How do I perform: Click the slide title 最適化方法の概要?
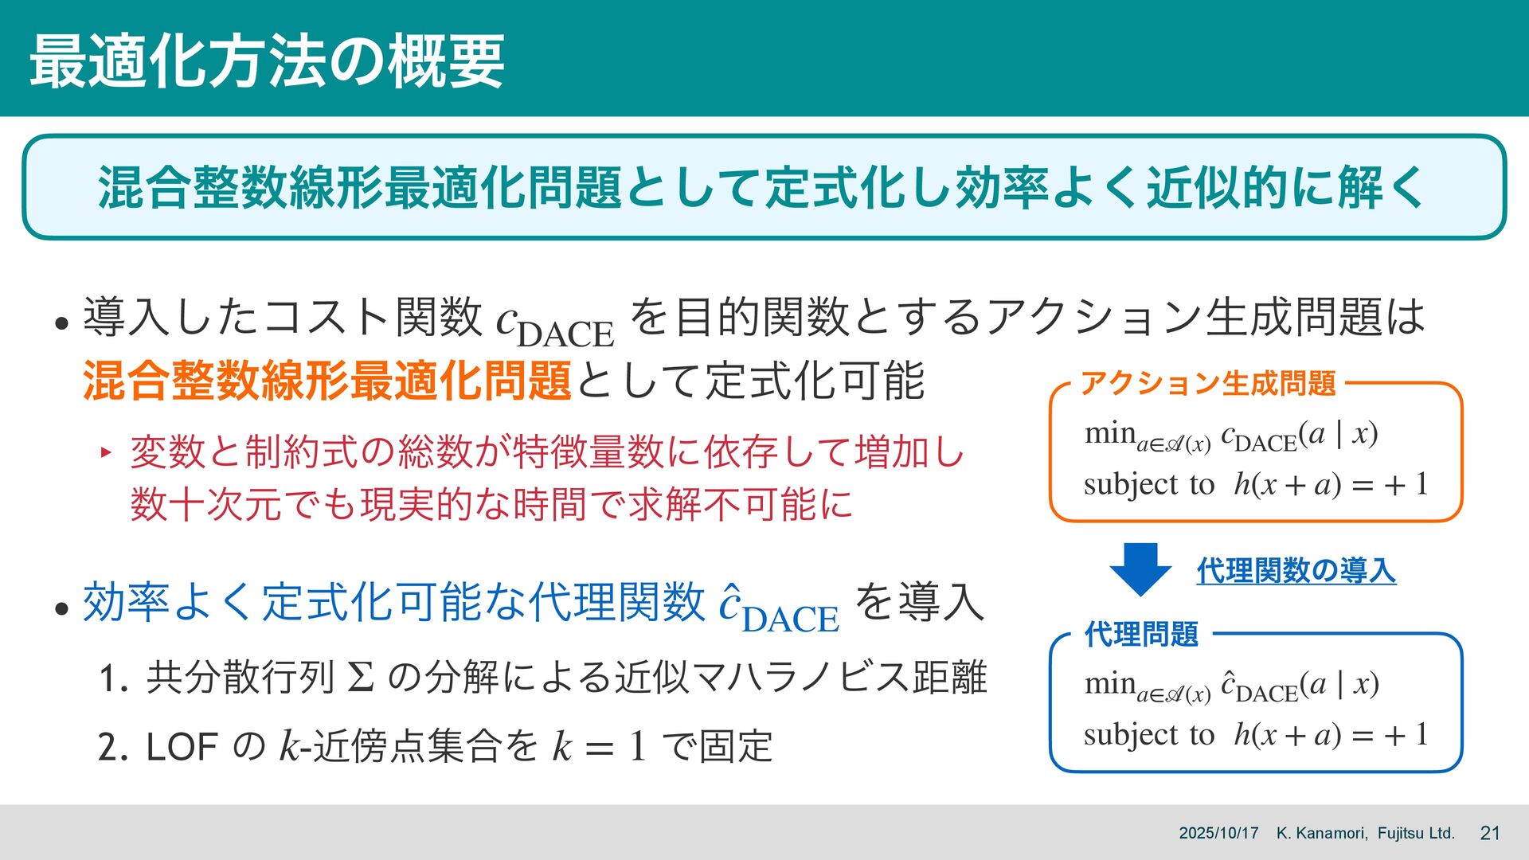[267, 61]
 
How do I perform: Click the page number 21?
[1489, 833]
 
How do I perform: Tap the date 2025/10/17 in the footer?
[1218, 833]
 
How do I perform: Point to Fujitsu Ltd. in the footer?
[1416, 833]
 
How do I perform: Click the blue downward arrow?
[1140, 569]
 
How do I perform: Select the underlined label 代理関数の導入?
[1296, 571]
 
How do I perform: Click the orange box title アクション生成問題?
[1207, 384]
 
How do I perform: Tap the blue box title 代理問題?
[1141, 635]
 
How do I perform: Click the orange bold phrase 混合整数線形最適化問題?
[327, 381]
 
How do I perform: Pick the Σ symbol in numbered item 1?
[361, 678]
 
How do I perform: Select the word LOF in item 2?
[182, 747]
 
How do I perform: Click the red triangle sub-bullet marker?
[104, 453]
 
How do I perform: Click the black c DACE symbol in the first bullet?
[554, 322]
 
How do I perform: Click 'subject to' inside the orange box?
[1148, 484]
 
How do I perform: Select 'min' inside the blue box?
[1109, 683]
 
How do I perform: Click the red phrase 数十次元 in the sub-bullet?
[206, 504]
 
